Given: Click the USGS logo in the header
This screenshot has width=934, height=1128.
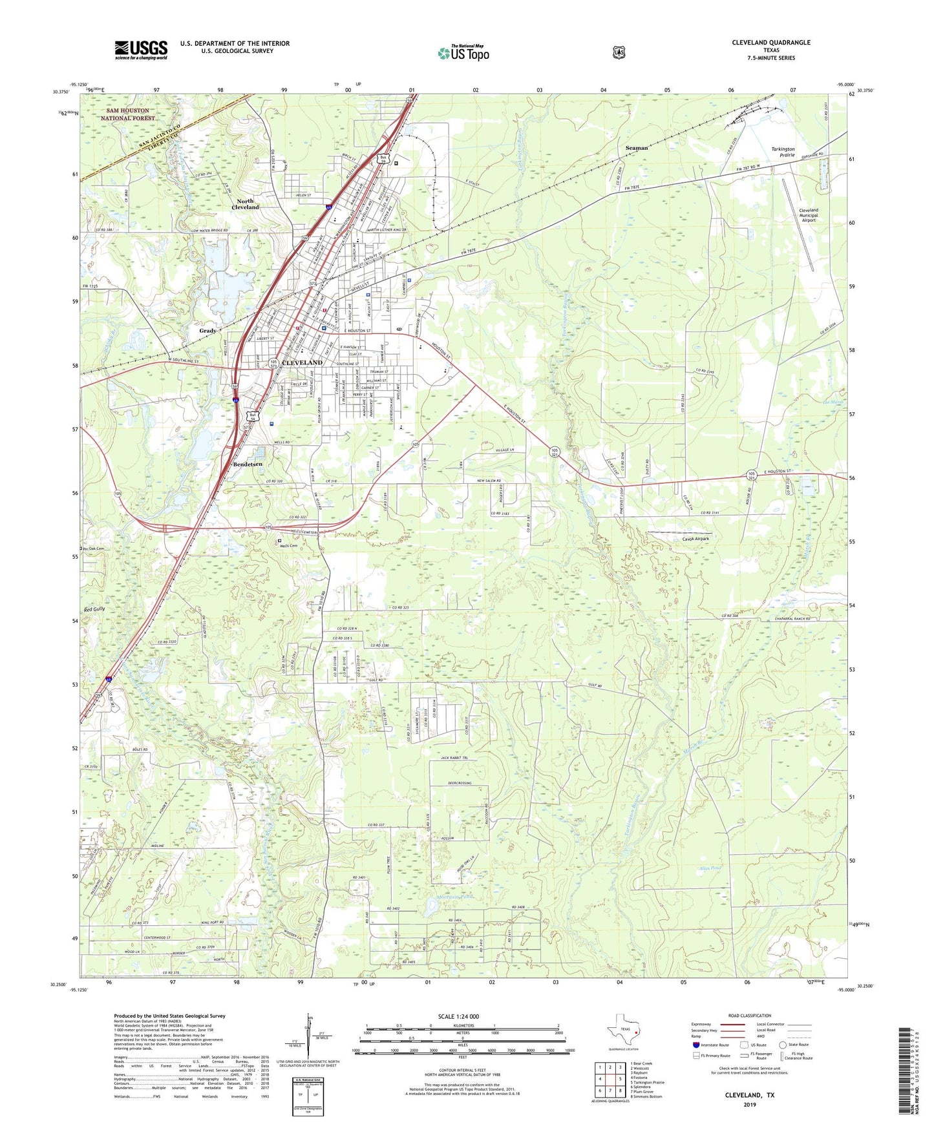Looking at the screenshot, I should (x=141, y=50).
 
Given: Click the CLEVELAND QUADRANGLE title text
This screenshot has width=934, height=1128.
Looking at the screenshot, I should (x=770, y=43).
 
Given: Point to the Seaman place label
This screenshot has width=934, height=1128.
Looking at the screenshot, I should (x=636, y=148).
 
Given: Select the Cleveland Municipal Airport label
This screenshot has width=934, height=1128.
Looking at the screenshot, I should (x=808, y=215).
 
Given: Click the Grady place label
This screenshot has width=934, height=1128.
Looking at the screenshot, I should (x=207, y=331).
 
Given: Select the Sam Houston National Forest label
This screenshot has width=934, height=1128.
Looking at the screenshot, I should (x=127, y=114).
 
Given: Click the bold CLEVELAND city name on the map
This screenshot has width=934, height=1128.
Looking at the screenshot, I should (x=302, y=362).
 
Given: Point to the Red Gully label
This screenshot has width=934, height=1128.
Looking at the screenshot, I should (x=94, y=609).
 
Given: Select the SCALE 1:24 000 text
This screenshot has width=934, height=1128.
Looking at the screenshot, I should (x=458, y=1016).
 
